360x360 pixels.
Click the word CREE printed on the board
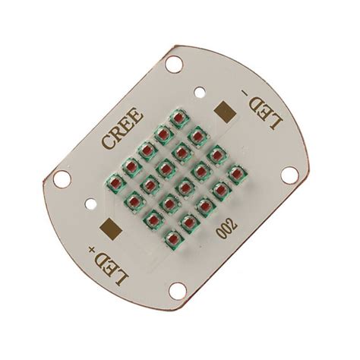122,128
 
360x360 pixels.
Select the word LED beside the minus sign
264,112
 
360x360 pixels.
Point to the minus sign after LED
245,93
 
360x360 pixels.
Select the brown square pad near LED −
225,111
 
